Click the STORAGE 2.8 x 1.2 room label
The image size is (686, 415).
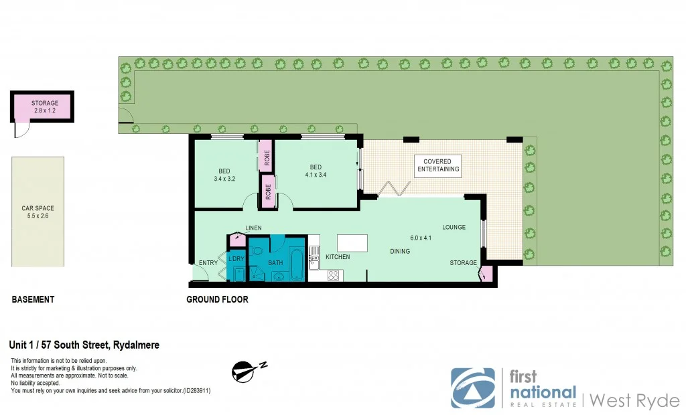pyautogui.click(x=45, y=107)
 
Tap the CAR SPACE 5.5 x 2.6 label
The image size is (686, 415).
pyautogui.click(x=38, y=213)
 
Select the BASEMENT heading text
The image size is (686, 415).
pyautogui.click(x=33, y=299)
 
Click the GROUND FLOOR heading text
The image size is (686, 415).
pyautogui.click(x=217, y=299)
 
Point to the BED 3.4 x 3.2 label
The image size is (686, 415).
pyautogui.click(x=224, y=174)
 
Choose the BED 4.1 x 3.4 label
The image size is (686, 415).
pyautogui.click(x=316, y=171)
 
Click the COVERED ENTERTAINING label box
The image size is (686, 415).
pyautogui.click(x=439, y=165)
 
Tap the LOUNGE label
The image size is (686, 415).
pyautogui.click(x=454, y=228)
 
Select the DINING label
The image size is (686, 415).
pyautogui.click(x=401, y=252)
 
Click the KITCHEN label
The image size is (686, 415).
pyautogui.click(x=338, y=257)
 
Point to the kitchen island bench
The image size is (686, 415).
pyautogui.click(x=353, y=242)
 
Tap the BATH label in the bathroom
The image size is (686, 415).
pyautogui.click(x=275, y=263)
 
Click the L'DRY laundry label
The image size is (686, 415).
pyautogui.click(x=236, y=259)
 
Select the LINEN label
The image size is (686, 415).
pyautogui.click(x=253, y=228)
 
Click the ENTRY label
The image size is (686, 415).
pyautogui.click(x=208, y=263)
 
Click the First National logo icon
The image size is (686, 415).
pyautogui.click(x=473, y=388)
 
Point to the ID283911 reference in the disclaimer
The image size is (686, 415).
pyautogui.click(x=194, y=390)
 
